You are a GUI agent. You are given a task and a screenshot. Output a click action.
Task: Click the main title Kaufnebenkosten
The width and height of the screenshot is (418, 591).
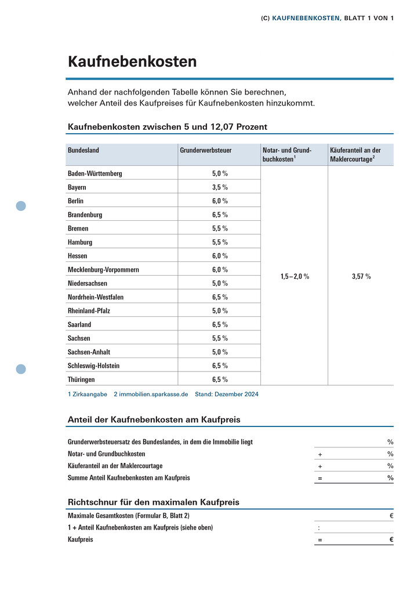coord(132,61)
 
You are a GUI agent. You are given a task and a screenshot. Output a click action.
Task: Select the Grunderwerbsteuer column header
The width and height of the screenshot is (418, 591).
coord(206,150)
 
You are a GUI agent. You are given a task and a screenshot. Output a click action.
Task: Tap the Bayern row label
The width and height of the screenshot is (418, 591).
coord(77,187)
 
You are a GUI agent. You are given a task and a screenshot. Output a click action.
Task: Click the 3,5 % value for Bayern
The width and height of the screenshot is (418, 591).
coord(220,187)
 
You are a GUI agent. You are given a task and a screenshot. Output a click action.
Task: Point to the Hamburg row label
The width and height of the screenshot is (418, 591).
coord(80,242)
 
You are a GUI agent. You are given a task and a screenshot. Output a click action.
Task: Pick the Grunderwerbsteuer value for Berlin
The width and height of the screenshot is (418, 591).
coord(220,201)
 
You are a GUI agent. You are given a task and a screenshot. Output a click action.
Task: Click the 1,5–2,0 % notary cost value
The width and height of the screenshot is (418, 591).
coord(295,276)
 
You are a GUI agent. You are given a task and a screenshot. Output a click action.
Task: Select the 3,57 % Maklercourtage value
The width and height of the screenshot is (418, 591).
coord(361,276)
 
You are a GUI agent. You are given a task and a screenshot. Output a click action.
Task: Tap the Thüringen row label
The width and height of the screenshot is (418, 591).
coord(81,380)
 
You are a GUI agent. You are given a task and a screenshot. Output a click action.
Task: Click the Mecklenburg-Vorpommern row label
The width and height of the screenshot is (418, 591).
coord(103,270)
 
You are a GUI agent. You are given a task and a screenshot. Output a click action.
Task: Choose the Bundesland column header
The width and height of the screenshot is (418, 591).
coord(83,150)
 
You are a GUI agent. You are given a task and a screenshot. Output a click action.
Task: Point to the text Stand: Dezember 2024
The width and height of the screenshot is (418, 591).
coord(226,394)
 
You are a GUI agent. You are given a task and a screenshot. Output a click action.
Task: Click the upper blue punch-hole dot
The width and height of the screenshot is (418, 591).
coord(21,206)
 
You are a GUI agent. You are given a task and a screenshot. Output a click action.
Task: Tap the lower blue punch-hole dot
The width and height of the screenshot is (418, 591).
coord(21,369)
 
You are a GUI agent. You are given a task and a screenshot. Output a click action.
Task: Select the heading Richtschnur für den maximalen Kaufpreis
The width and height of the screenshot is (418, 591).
coord(154,502)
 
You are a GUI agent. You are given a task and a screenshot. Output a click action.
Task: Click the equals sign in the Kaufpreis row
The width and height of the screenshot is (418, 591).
coord(319,540)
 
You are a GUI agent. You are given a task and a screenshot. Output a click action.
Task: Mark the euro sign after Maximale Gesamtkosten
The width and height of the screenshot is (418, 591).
coord(391,515)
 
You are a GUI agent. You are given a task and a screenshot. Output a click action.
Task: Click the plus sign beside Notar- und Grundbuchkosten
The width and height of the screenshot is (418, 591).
coord(319,454)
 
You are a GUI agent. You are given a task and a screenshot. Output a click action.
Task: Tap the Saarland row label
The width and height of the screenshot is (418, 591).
coord(79,324)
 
